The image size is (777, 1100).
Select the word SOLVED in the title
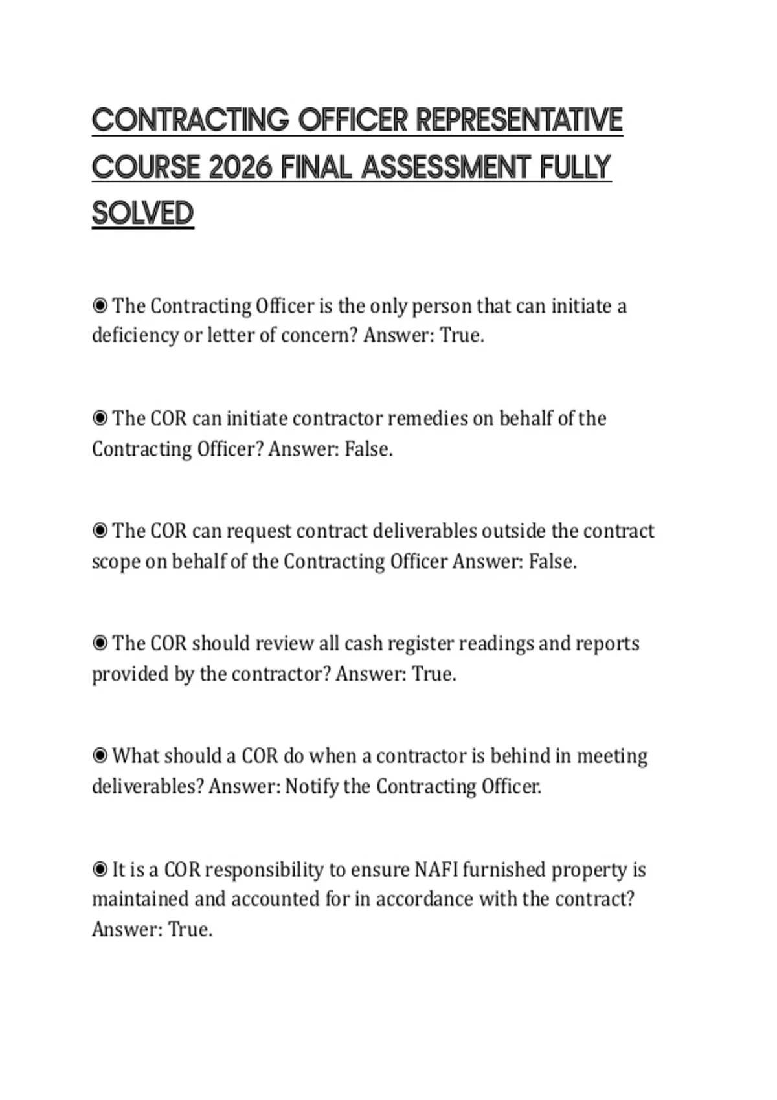(x=143, y=214)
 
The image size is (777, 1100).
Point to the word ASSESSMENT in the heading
(x=447, y=168)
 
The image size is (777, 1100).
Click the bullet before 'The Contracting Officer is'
(x=100, y=305)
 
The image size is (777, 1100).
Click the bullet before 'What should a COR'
(x=100, y=756)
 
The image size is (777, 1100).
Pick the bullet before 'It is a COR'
(x=100, y=869)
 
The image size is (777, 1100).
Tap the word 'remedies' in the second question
(x=427, y=419)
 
